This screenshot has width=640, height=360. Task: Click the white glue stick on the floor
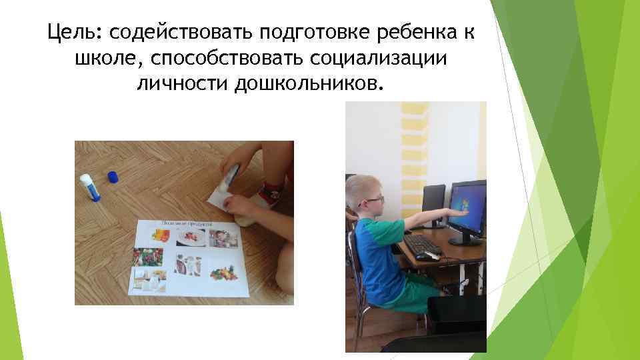click(89, 187)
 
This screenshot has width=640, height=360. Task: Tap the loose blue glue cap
click(113, 177)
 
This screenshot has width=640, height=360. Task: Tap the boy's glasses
click(375, 199)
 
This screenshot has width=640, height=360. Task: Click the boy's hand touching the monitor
click(460, 212)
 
